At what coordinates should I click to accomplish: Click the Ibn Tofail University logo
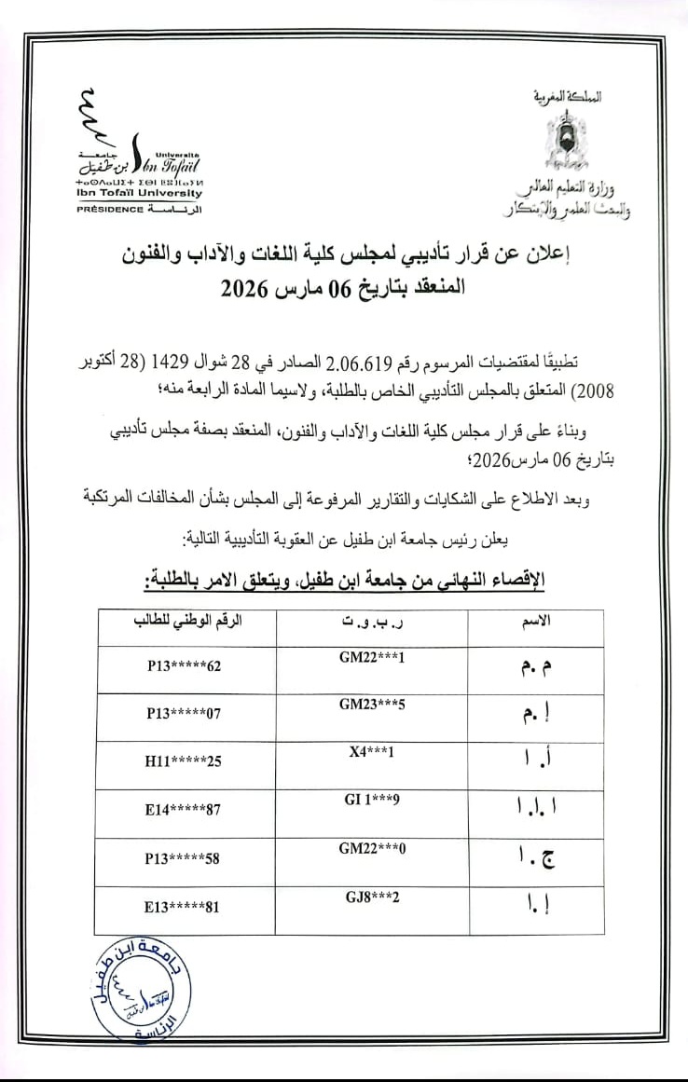pyautogui.click(x=140, y=149)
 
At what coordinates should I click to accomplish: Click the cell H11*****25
pyautogui.click(x=183, y=761)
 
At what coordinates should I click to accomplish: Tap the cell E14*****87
pyautogui.click(x=183, y=810)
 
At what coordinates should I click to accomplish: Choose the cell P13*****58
pyautogui.click(x=183, y=858)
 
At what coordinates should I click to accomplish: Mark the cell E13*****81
pyautogui.click(x=183, y=905)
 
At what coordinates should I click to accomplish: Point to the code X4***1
pyautogui.click(x=372, y=751)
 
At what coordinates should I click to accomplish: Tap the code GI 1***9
pyautogui.click(x=372, y=799)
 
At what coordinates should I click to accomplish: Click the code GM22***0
pyautogui.click(x=372, y=847)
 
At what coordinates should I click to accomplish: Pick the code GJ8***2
pyautogui.click(x=372, y=896)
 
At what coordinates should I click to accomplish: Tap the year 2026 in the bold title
pyautogui.click(x=245, y=288)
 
